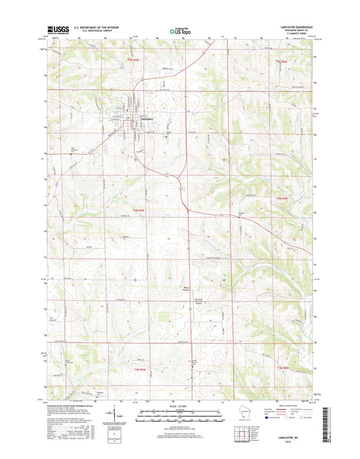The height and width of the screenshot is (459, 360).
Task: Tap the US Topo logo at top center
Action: tap(180, 29)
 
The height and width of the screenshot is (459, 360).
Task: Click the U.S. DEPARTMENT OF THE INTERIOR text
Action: tap(91, 27)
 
